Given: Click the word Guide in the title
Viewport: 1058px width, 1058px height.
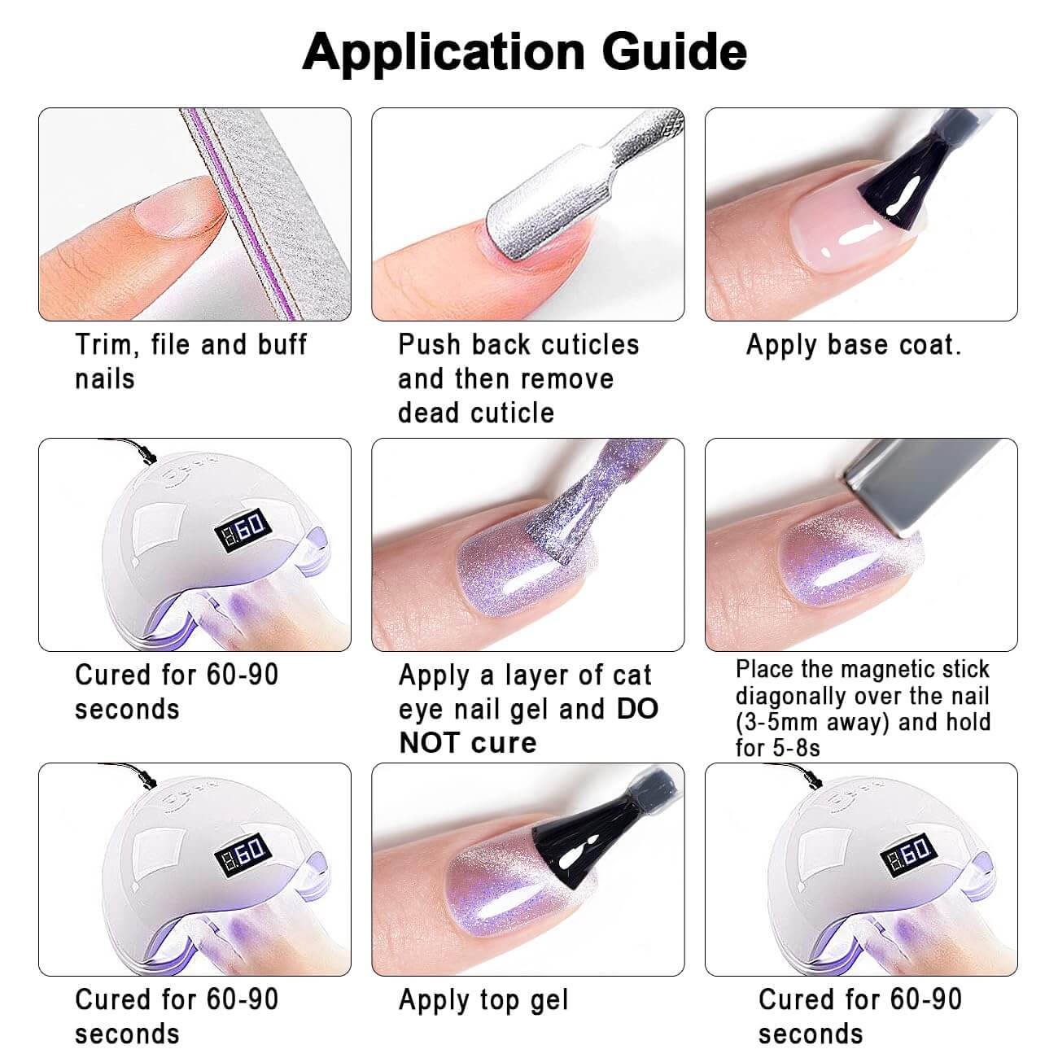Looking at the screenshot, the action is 674,52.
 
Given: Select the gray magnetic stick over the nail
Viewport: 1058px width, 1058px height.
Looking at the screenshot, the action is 928,483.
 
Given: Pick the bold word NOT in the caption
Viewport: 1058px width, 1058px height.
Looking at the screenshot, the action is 430,743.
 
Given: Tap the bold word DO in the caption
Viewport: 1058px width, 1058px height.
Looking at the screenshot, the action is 637,709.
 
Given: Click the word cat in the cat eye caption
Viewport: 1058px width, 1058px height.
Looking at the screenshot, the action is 632,675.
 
